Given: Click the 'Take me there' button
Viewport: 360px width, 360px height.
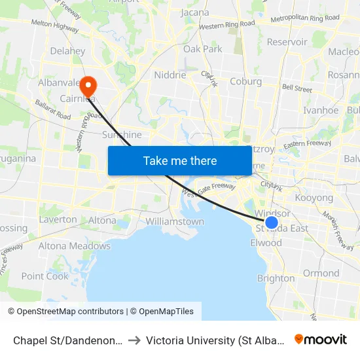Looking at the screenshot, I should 180,160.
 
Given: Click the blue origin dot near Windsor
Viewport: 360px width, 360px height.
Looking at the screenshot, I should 272,223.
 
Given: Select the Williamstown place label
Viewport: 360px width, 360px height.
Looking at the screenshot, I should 175,221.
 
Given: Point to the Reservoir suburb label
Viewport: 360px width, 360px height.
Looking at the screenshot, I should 287,42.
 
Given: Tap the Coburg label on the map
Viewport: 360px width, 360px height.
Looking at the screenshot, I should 245,82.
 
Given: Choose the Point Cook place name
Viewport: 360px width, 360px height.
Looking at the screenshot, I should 45,276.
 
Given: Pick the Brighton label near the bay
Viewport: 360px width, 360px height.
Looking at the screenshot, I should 276,278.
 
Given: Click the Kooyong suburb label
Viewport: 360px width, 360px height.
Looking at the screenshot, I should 314,198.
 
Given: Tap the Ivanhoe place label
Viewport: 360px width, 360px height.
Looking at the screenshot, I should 321,111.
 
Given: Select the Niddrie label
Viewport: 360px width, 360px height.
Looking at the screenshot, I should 170,75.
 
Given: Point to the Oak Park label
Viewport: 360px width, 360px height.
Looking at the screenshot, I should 203,49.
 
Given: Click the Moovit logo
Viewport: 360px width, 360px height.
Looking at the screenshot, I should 321,339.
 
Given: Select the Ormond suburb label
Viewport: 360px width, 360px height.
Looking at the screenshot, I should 321,273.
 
